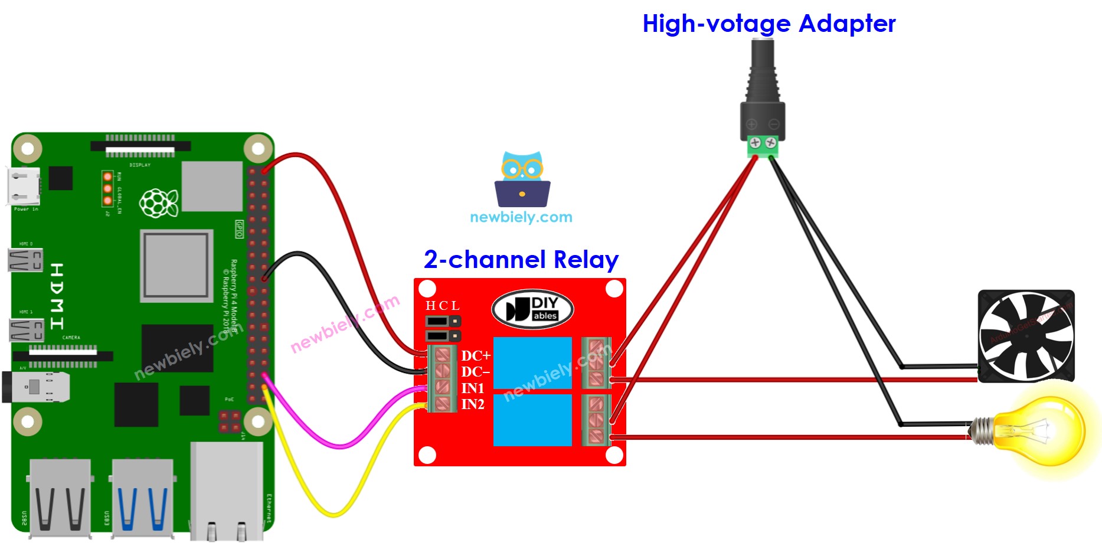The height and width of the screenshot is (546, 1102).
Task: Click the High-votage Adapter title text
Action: (x=769, y=24)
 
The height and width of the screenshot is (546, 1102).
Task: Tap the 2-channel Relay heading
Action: (x=521, y=260)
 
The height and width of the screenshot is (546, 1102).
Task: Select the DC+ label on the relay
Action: (x=475, y=356)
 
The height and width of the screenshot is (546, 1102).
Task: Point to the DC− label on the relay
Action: (x=475, y=372)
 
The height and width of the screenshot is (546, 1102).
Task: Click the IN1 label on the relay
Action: (x=472, y=388)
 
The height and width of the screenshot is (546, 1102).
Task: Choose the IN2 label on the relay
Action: (x=472, y=404)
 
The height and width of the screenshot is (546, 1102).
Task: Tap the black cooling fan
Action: (x=1026, y=335)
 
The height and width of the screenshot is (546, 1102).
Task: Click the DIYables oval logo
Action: (x=532, y=309)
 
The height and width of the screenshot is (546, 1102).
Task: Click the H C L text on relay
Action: (x=442, y=306)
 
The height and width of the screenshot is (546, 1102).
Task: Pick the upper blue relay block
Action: (x=532, y=362)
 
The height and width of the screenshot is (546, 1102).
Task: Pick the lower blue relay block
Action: (x=532, y=420)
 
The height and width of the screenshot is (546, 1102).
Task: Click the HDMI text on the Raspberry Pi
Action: (x=57, y=296)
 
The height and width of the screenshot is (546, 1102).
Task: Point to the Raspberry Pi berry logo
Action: (x=158, y=202)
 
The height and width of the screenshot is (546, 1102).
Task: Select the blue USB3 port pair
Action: (x=142, y=498)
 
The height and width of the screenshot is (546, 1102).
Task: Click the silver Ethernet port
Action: (x=227, y=491)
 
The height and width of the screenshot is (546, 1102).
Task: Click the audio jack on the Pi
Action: (x=35, y=387)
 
